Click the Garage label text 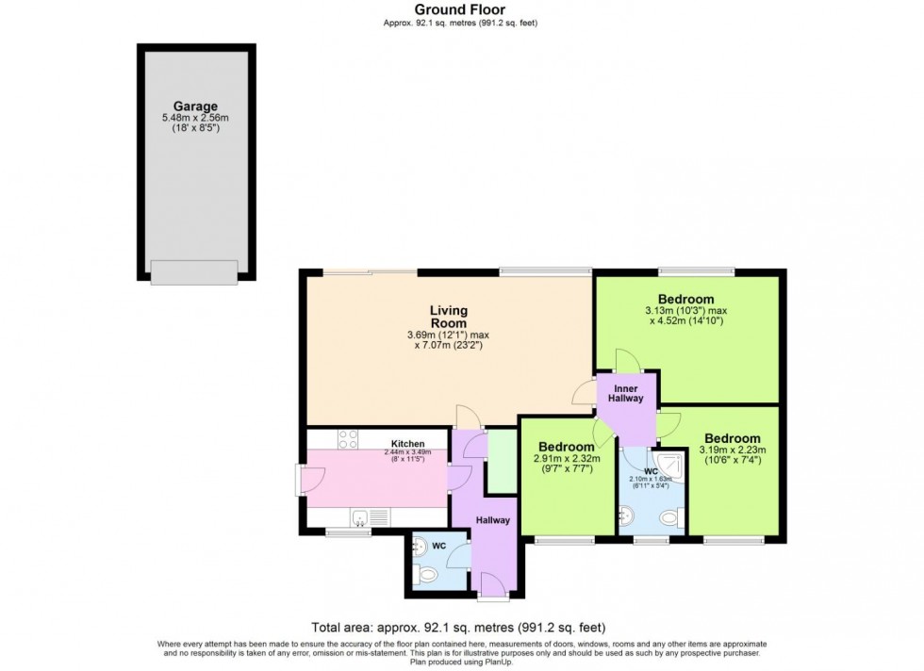point(195,106)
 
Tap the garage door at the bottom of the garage point(194,272)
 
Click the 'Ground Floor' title point(461,10)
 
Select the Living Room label point(449,317)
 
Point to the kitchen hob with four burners point(347,439)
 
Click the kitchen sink point(360,516)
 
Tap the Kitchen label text point(407,443)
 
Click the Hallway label point(492,520)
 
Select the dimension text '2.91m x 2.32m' point(563,458)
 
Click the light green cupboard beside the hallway point(501,460)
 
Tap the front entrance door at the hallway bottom point(493,597)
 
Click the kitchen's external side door point(300,479)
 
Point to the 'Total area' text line point(458,627)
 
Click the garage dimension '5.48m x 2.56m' point(195,118)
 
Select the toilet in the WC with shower point(668,516)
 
